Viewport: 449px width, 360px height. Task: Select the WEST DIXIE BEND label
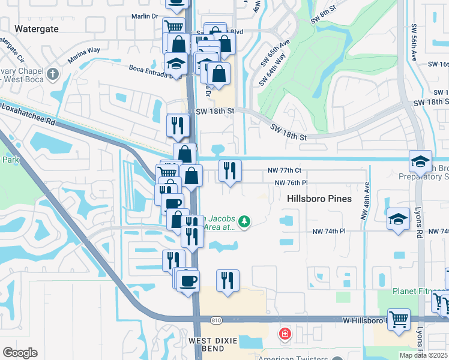(x=214, y=341)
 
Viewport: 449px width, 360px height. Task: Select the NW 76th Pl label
(x=291, y=183)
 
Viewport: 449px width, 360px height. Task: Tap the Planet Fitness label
(x=413, y=292)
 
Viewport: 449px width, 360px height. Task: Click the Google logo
(x=19, y=353)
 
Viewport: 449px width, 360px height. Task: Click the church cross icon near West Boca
(x=53, y=75)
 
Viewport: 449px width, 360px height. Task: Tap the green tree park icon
(x=244, y=222)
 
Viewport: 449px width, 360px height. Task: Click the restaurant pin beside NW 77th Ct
(x=230, y=171)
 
